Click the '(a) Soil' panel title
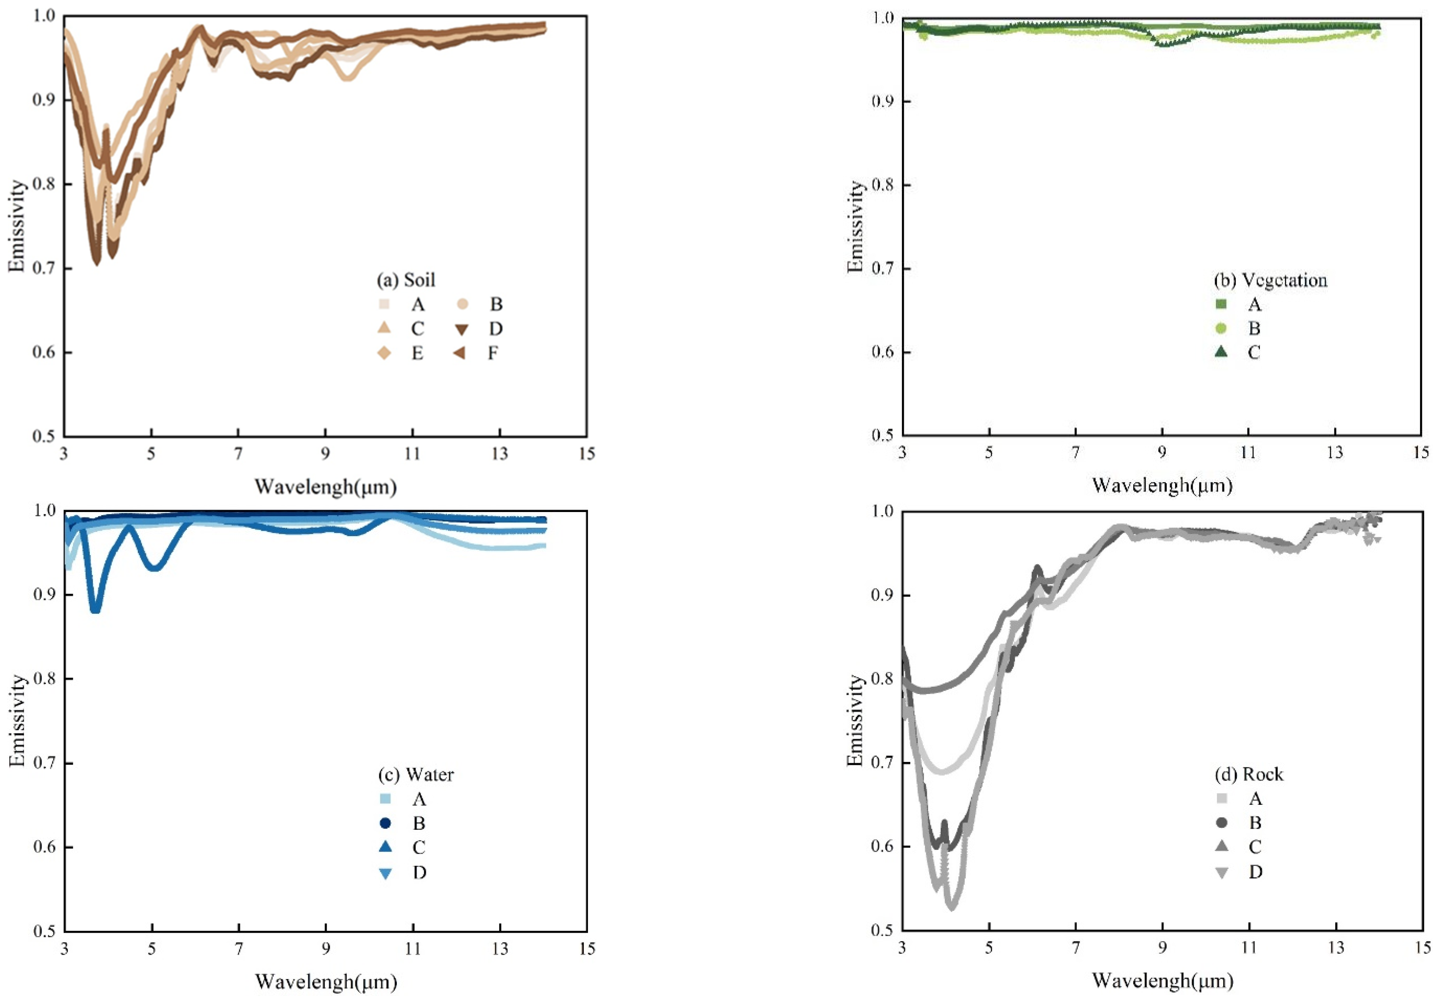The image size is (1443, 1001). (x=405, y=280)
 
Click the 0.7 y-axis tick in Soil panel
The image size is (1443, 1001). (x=44, y=268)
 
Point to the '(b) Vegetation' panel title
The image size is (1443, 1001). (x=1270, y=280)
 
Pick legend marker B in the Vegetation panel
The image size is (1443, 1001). (x=1220, y=328)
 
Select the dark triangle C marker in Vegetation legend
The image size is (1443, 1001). (x=1220, y=352)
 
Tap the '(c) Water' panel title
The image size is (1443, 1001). (x=415, y=775)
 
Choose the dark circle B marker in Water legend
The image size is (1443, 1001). (x=386, y=823)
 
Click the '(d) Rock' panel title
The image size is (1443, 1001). (x=1248, y=775)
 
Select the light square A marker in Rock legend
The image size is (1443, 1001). (x=1221, y=798)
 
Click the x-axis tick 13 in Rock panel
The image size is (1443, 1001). (x=1336, y=948)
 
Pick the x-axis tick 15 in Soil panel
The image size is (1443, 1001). (x=586, y=453)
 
